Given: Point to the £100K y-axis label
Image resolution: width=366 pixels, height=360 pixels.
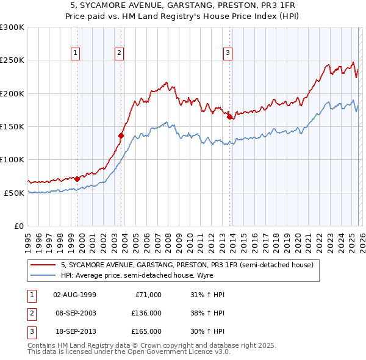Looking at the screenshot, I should [x=12, y=159].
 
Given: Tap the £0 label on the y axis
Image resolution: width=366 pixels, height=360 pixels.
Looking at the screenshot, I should [x=18, y=226].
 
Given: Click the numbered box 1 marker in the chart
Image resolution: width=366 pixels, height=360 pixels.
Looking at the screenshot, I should [x=76, y=53].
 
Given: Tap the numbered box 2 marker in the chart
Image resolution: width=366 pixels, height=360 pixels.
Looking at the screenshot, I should [x=119, y=53].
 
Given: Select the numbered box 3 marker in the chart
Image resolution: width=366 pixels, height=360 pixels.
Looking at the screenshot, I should [x=228, y=53].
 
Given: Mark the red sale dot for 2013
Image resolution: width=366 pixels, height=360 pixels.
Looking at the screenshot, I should [x=229, y=117].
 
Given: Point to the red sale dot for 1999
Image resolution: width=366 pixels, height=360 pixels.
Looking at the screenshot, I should [x=77, y=179].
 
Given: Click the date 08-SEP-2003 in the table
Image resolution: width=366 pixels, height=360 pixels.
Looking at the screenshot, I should [x=75, y=313].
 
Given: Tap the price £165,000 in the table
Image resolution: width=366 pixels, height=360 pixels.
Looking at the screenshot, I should [x=146, y=331].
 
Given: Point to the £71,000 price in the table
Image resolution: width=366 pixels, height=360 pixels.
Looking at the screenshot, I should [x=148, y=295].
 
